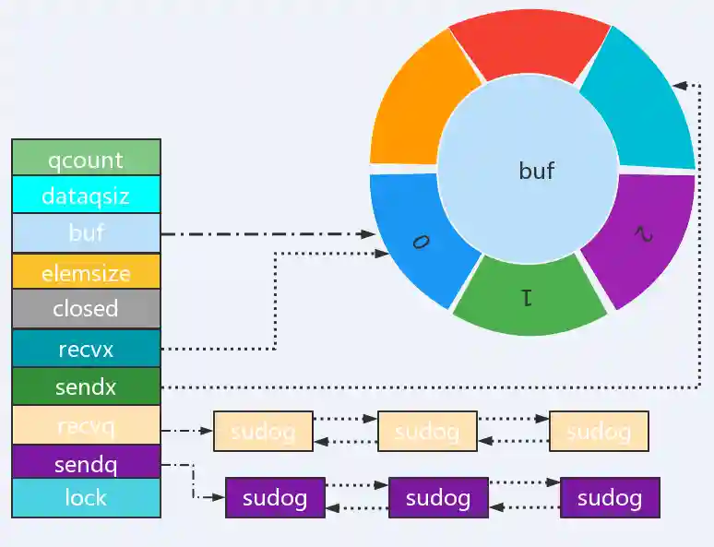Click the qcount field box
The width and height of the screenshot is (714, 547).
(86, 159)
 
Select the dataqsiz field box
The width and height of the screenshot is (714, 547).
(86, 195)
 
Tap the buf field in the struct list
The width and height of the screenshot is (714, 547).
(86, 232)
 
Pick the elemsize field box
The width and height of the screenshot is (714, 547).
(86, 272)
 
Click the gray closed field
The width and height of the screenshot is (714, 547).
(86, 309)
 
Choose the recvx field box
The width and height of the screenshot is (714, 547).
(86, 349)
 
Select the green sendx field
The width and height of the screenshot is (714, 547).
(86, 386)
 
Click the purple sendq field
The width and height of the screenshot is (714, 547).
(86, 461)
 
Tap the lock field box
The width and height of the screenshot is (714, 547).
(86, 498)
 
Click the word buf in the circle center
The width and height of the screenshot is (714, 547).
(537, 171)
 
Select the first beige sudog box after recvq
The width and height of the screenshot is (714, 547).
(263, 431)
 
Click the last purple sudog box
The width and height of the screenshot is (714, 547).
(610, 498)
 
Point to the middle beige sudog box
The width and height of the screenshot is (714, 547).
(427, 431)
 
